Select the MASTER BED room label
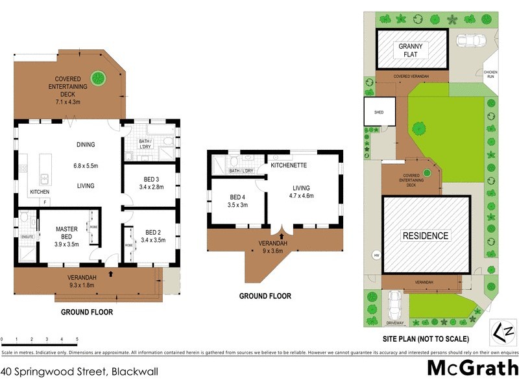(x=66, y=233)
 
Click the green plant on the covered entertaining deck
(x=99, y=78)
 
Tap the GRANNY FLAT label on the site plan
(x=411, y=51)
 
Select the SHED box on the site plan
(x=380, y=112)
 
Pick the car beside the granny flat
(x=470, y=40)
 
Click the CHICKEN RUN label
(x=489, y=74)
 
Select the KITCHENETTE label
(x=290, y=165)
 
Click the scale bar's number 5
(x=77, y=339)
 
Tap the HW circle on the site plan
(x=376, y=255)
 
